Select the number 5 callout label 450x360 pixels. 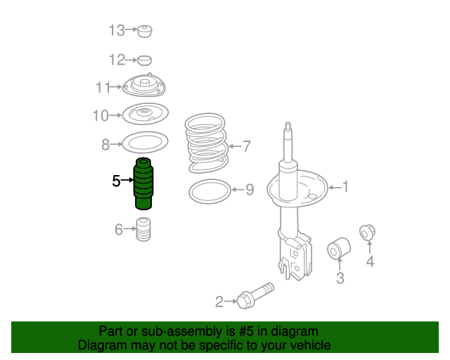116,181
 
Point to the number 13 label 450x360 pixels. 116,30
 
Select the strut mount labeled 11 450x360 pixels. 146,87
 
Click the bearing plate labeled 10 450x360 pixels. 146,114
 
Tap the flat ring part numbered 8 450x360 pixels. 145,144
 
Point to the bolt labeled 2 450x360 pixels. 254,296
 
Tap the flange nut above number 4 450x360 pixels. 367,233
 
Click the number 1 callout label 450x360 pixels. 345,186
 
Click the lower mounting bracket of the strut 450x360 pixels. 295,257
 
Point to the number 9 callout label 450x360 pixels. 248,190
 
